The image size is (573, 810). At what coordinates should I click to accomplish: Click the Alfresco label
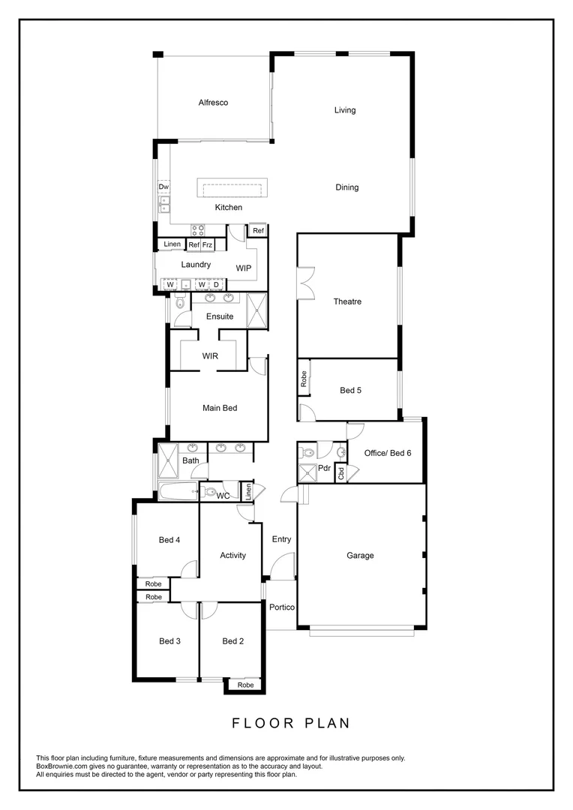(213, 103)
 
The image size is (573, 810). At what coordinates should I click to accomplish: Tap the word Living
(345, 110)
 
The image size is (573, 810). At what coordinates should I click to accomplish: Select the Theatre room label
(347, 301)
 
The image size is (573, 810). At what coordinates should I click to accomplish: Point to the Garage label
(360, 556)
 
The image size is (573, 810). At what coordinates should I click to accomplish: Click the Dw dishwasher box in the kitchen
(163, 187)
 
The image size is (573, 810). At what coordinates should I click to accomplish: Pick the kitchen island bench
(232, 187)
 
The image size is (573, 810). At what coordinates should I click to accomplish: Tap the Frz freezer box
(208, 245)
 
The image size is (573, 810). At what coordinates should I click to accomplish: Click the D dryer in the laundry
(216, 284)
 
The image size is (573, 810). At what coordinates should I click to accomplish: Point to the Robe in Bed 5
(304, 380)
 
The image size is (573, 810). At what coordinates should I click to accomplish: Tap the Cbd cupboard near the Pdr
(340, 474)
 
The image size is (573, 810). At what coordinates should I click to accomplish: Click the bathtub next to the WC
(177, 493)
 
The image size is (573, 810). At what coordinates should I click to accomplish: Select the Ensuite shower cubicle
(257, 311)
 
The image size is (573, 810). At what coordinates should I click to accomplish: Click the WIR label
(210, 356)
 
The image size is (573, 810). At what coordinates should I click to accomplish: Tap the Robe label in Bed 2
(245, 685)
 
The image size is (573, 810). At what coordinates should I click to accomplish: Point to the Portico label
(282, 607)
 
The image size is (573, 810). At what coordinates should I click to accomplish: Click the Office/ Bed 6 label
(388, 453)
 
